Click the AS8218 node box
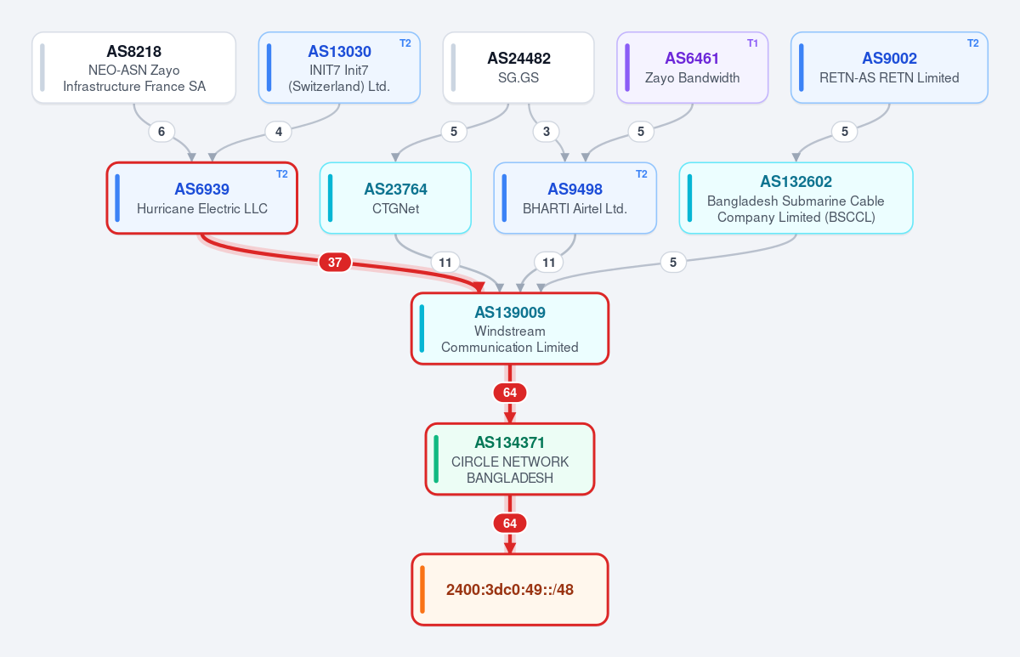pyautogui.click(x=134, y=68)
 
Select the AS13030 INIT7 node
pyautogui.click(x=339, y=68)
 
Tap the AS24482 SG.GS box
pyautogui.click(x=518, y=68)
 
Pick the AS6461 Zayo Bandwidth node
pyautogui.click(x=693, y=68)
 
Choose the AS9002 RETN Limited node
pyautogui.click(x=889, y=68)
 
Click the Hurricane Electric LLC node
pyautogui.click(x=202, y=198)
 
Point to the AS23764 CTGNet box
pyautogui.click(x=395, y=198)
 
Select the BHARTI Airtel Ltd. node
pyautogui.click(x=575, y=198)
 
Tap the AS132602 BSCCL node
pyautogui.click(x=796, y=198)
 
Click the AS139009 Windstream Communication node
pyautogui.click(x=510, y=329)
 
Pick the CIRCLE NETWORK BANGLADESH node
pyautogui.click(x=510, y=459)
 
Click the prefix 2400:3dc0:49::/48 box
pyautogui.click(x=510, y=590)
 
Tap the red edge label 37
pyautogui.click(x=335, y=263)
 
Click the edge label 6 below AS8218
pyautogui.click(x=161, y=132)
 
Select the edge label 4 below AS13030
pyautogui.click(x=279, y=132)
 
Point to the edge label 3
pyautogui.click(x=547, y=132)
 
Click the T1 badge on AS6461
pyautogui.click(x=752, y=43)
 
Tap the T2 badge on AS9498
pyautogui.click(x=642, y=174)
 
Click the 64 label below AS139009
pyautogui.click(x=510, y=393)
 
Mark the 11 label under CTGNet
pyautogui.click(x=445, y=263)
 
